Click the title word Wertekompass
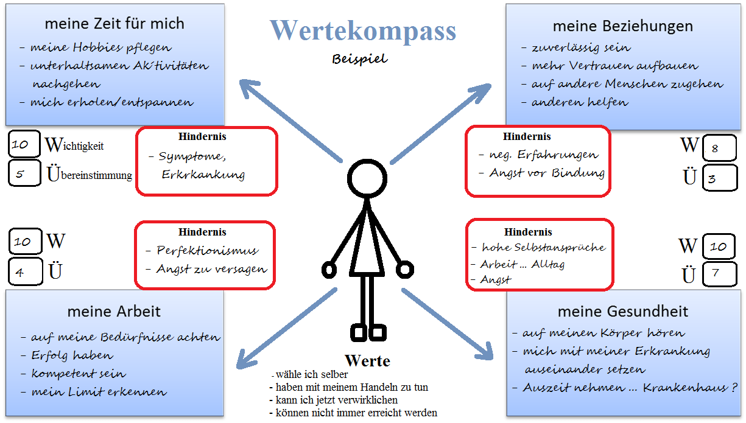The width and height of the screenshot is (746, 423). pyautogui.click(x=363, y=30)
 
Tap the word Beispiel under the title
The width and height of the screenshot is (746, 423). pyautogui.click(x=359, y=60)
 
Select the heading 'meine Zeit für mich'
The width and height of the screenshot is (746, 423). pyautogui.click(x=114, y=24)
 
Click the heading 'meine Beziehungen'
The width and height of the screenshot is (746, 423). pyautogui.click(x=622, y=26)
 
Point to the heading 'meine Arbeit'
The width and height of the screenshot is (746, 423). pyautogui.click(x=114, y=312)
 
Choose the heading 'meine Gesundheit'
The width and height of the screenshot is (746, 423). pyautogui.click(x=622, y=312)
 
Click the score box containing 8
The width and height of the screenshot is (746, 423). pyautogui.click(x=719, y=148)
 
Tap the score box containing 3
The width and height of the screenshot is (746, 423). pyautogui.click(x=719, y=178)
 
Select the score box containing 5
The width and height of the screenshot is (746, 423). pyautogui.click(x=24, y=174)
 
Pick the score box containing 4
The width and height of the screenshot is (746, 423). pyautogui.click(x=24, y=272)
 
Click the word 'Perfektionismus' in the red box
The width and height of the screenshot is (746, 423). pyautogui.click(x=207, y=250)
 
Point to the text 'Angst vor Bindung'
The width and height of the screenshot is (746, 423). pyautogui.click(x=546, y=173)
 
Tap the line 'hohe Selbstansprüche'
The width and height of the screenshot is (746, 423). pyautogui.click(x=543, y=247)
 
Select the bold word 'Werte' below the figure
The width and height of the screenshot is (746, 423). pyautogui.click(x=367, y=361)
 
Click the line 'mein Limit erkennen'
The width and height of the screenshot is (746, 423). pyautogui.click(x=99, y=392)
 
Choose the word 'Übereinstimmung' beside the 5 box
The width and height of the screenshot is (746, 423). pyautogui.click(x=90, y=175)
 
